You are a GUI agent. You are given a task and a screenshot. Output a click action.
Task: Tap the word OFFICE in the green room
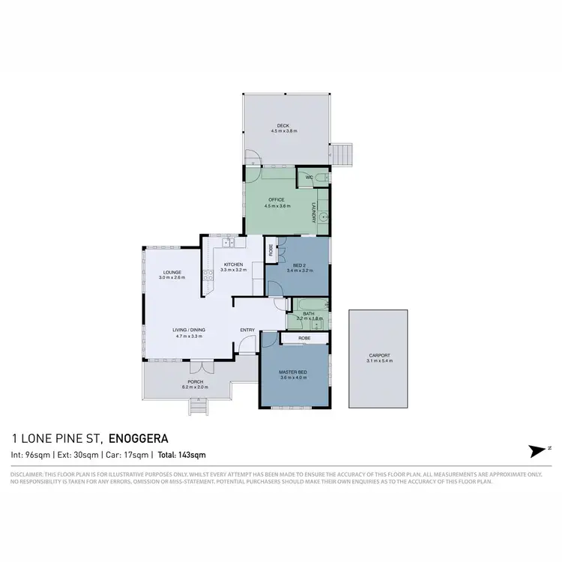click(277, 199)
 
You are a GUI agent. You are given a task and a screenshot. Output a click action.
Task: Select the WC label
click(307, 178)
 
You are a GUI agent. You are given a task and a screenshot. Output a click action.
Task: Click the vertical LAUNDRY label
click(312, 211)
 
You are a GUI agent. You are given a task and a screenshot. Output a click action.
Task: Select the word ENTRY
click(247, 330)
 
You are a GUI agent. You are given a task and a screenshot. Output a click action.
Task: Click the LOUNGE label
click(172, 272)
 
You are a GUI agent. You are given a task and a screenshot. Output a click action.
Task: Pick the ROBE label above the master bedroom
click(304, 338)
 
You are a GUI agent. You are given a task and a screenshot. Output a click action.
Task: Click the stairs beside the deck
click(343, 154)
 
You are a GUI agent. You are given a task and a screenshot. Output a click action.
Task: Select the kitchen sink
click(228, 243)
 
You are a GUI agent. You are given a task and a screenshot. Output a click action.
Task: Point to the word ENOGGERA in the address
click(139, 438)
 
